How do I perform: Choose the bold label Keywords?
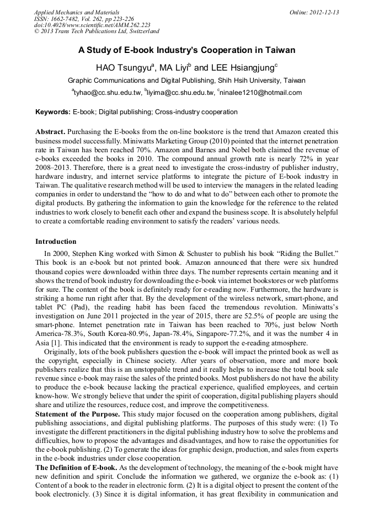click(x=53, y=112)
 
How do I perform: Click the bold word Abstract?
click(x=50, y=132)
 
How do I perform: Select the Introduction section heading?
click(x=56, y=242)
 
